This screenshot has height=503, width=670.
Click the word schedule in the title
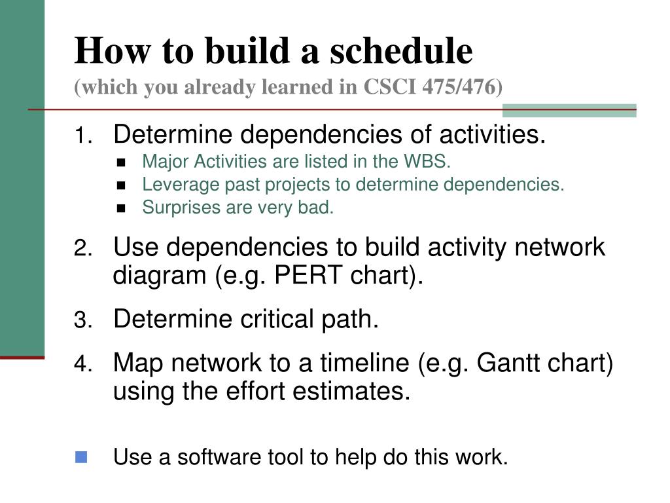(x=401, y=50)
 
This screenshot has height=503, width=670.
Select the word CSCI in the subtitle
(x=389, y=86)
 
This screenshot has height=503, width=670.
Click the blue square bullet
(x=81, y=456)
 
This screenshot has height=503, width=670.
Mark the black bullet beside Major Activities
(x=121, y=162)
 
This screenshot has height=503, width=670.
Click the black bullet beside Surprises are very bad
(x=121, y=208)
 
